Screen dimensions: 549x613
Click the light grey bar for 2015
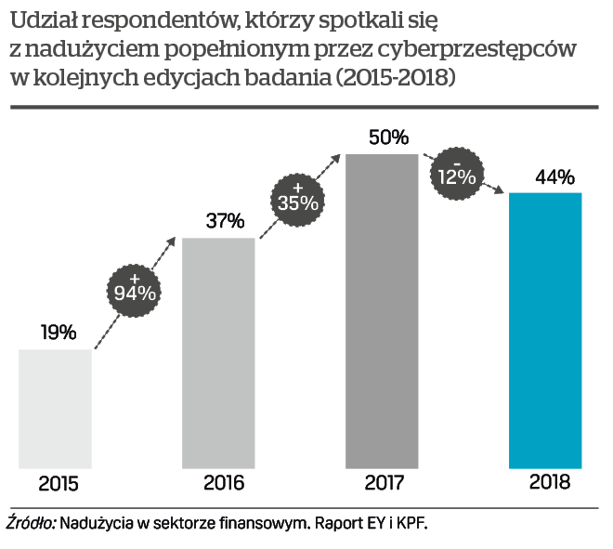[x=56, y=409]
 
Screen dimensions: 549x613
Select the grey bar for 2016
[x=218, y=353]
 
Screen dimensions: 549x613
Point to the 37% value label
[x=224, y=221]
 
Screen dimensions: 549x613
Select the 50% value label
[x=388, y=137]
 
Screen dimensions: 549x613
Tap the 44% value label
[x=554, y=176]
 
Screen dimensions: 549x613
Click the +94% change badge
[x=136, y=290]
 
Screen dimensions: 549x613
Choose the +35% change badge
[x=297, y=194]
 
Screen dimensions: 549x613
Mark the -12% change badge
[x=456, y=172]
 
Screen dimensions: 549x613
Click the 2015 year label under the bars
[x=59, y=484]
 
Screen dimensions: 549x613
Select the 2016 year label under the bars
[x=223, y=484]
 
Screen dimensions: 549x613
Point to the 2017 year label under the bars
[x=385, y=484]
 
